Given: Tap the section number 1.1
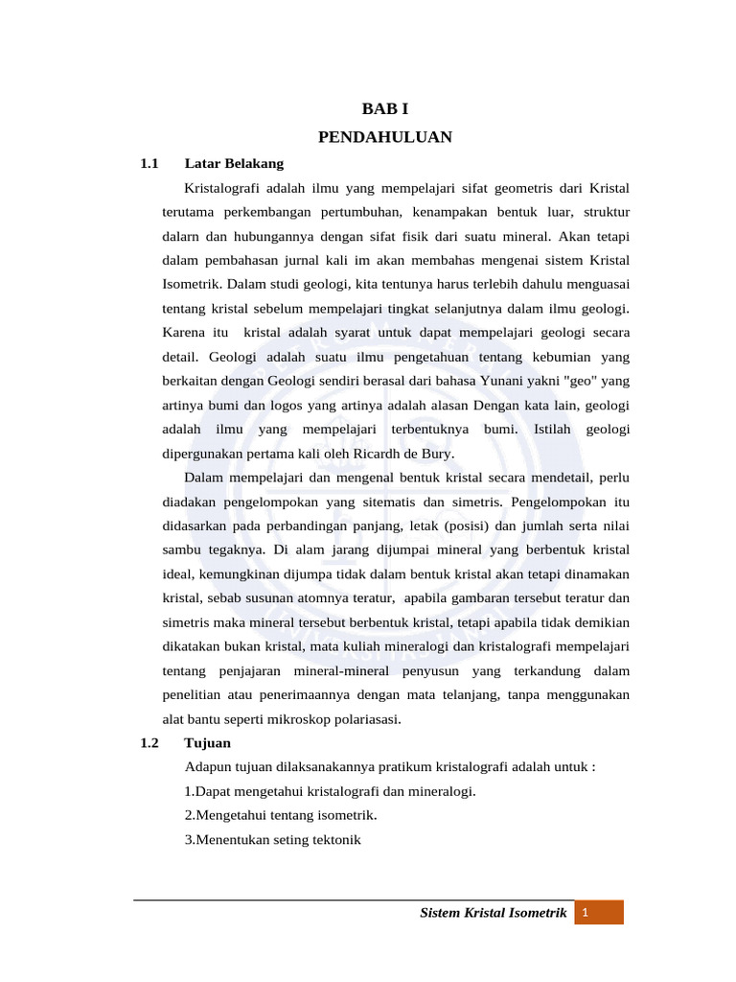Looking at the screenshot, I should click(149, 163).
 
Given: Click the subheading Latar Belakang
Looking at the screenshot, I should click(234, 163).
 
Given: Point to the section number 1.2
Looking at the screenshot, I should click(149, 742).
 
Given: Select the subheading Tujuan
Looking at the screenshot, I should click(207, 742).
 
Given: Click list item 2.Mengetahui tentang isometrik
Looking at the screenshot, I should click(281, 815).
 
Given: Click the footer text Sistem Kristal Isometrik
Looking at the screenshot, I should click(494, 912).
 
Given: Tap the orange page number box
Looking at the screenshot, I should click(599, 912).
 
